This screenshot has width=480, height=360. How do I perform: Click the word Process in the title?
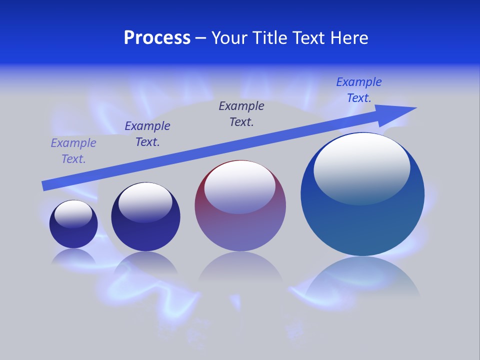coord(157,38)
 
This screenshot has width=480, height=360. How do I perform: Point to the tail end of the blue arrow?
coord(44,186)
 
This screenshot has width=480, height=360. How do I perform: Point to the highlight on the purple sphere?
coord(239,186)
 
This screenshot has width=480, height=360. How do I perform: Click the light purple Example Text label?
coord(73,151)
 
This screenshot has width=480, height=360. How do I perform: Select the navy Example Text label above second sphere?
coord(147,134)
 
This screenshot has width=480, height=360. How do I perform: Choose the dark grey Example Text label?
coord(241,114)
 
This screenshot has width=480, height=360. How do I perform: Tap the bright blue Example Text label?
coord(359,90)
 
